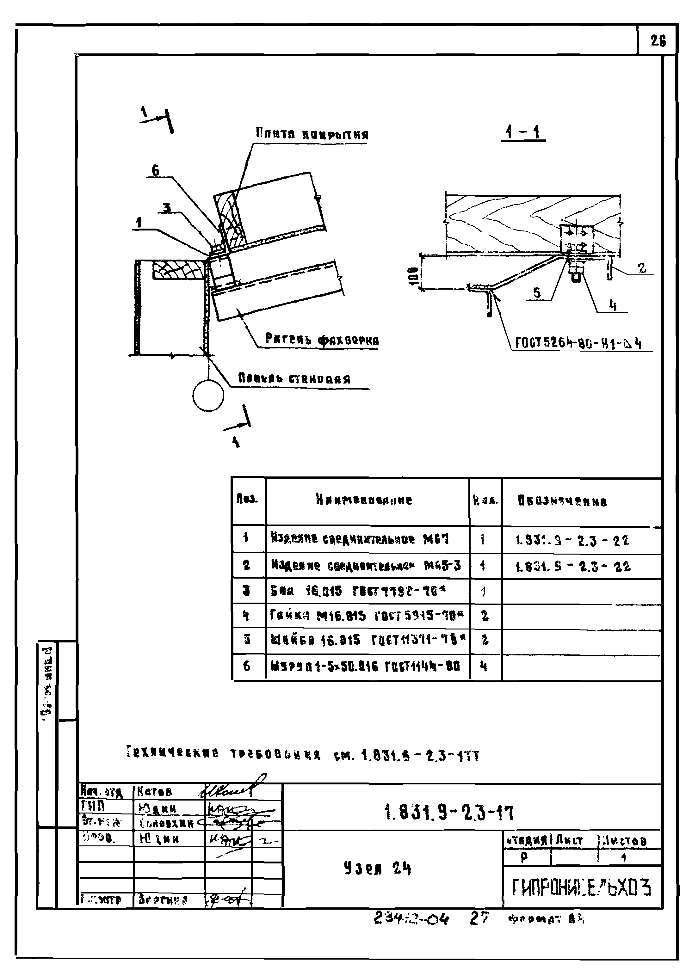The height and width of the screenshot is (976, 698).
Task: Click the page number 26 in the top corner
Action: [658, 42]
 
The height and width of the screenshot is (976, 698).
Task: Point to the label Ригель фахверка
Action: [322, 340]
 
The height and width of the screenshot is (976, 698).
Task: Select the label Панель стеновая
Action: [294, 379]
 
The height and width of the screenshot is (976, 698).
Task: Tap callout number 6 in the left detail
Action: [155, 170]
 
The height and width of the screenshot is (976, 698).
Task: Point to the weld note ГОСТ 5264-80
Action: [578, 343]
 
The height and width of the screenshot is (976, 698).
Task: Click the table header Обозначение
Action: [562, 501]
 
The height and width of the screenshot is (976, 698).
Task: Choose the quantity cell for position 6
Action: [485, 666]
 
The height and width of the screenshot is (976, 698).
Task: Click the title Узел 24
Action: [377, 869]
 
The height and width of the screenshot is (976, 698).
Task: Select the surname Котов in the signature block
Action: [154, 791]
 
